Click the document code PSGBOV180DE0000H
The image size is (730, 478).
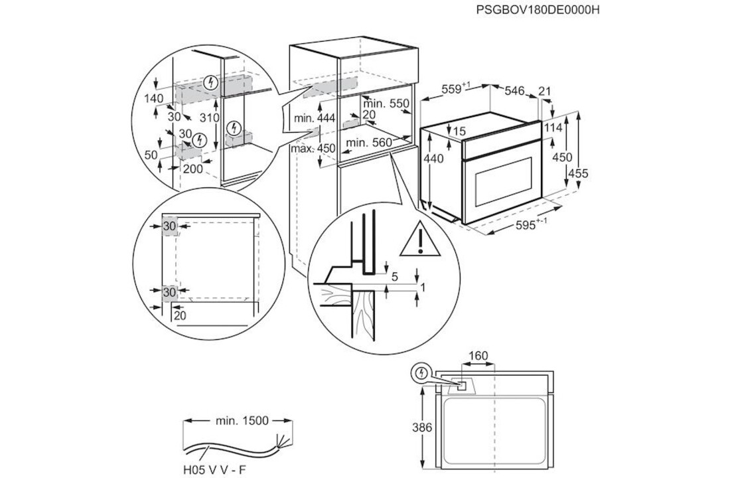coord(533,10)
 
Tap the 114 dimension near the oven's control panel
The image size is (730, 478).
coord(553,127)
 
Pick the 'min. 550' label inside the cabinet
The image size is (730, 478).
coord(386,104)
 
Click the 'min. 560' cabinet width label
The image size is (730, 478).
coord(369,142)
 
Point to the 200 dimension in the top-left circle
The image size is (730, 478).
coord(192,169)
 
